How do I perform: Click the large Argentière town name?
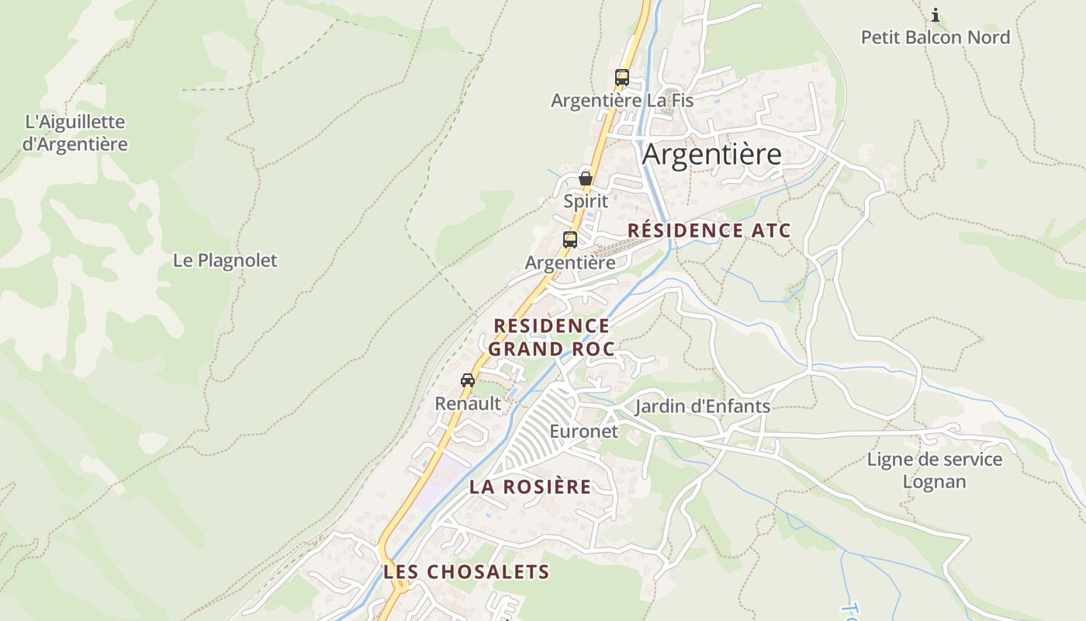click(711, 154)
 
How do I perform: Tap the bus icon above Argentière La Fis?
click(622, 78)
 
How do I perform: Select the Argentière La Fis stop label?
click(622, 100)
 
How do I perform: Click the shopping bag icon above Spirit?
click(586, 179)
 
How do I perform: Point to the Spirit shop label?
click(586, 201)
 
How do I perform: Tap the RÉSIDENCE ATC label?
click(709, 231)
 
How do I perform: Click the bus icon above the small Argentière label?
click(570, 240)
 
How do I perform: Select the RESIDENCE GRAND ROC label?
click(551, 337)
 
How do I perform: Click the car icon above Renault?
click(468, 380)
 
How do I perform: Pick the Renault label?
click(468, 404)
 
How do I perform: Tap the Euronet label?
click(583, 431)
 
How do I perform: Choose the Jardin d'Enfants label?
click(702, 406)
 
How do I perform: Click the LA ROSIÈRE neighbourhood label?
click(530, 487)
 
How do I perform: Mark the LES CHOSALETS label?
click(466, 572)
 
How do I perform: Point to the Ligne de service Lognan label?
click(934, 470)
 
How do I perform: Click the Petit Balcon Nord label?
click(936, 37)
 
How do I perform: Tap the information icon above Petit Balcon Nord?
click(936, 15)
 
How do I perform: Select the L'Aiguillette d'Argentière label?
click(74, 133)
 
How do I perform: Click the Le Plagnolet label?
click(225, 260)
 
